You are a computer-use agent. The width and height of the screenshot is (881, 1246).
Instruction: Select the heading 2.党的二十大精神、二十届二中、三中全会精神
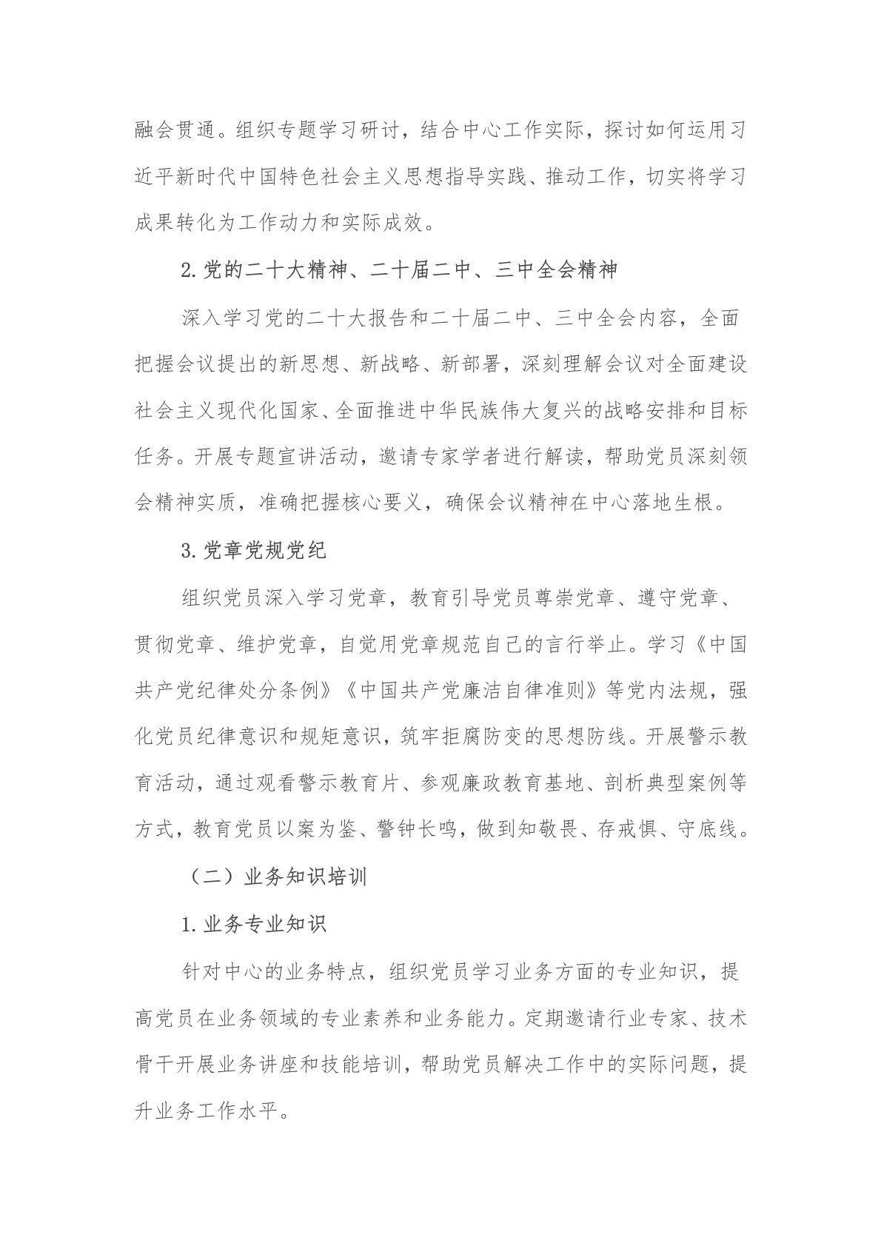(399, 271)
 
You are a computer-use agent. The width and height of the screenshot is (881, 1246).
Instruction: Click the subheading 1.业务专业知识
(253, 924)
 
